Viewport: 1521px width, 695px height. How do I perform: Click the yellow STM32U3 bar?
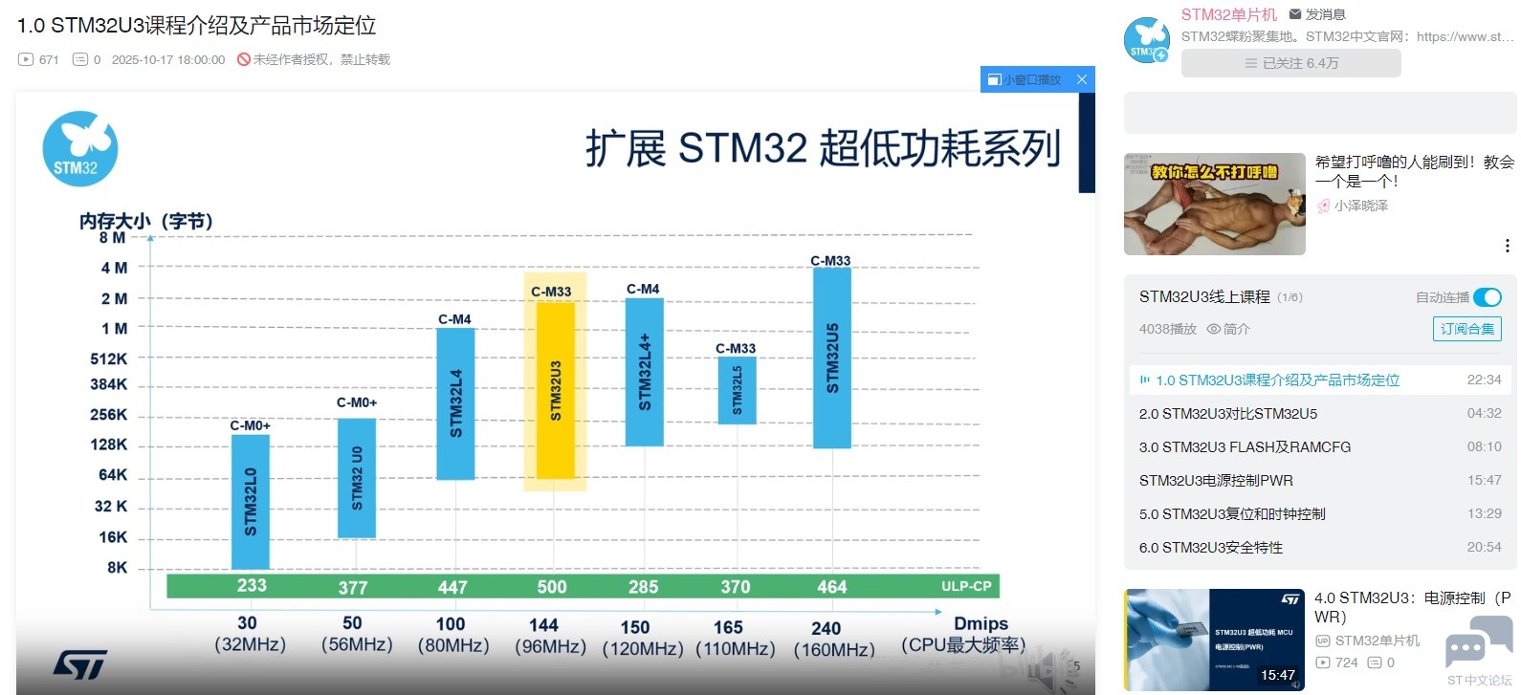pyautogui.click(x=555, y=390)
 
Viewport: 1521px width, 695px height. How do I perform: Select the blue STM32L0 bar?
pyautogui.click(x=251, y=502)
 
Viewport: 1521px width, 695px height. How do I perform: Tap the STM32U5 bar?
pyautogui.click(x=832, y=358)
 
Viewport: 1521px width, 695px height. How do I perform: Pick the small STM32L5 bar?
pyautogui.click(x=737, y=390)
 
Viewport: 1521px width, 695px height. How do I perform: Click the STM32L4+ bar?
pyautogui.click(x=644, y=372)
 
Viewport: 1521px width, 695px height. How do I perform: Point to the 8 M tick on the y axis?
pyautogui.click(x=112, y=237)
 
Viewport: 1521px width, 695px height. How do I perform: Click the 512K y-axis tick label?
pyautogui.click(x=108, y=358)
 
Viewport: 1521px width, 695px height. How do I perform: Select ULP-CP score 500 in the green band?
pyautogui.click(x=552, y=587)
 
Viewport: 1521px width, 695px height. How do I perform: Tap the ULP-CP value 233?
pyautogui.click(x=252, y=585)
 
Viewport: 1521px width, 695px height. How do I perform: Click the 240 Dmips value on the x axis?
pyautogui.click(x=826, y=628)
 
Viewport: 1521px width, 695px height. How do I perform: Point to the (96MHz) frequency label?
pyautogui.click(x=550, y=647)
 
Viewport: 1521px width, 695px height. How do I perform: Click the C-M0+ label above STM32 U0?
pyautogui.click(x=357, y=402)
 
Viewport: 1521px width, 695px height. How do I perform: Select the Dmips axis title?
pyautogui.click(x=981, y=623)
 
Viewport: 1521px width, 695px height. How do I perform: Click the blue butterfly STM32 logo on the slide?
pyautogui.click(x=79, y=149)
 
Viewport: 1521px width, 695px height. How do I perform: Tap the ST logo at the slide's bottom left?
pyautogui.click(x=80, y=663)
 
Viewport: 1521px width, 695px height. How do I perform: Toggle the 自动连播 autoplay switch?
pyautogui.click(x=1488, y=297)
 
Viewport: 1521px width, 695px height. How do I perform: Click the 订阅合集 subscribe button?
pyautogui.click(x=1466, y=329)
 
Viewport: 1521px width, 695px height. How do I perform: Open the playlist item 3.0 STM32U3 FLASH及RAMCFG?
pyautogui.click(x=1245, y=447)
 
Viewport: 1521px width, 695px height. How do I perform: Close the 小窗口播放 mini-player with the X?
pyautogui.click(x=1082, y=79)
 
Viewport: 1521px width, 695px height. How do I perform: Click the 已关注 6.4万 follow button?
pyautogui.click(x=1290, y=63)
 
